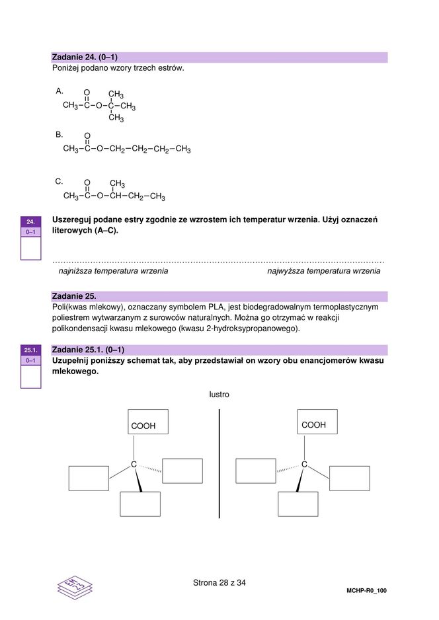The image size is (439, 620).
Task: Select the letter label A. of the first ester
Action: tap(60, 91)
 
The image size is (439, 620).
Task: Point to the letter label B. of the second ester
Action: tap(60, 134)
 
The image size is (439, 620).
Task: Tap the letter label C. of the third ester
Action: tap(60, 180)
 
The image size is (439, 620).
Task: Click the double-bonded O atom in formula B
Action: tap(87, 136)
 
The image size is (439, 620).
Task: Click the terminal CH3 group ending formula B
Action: tap(183, 149)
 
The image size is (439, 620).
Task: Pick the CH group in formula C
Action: tap(116, 196)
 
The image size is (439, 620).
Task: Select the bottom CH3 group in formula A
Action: tap(116, 118)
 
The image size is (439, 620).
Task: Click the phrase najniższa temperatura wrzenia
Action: tap(113, 271)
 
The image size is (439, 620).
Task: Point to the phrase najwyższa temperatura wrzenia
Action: tap(323, 271)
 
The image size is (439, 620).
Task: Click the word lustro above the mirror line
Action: tap(219, 395)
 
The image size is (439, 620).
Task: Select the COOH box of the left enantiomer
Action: tap(147, 422)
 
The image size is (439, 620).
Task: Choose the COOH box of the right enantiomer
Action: tap(317, 422)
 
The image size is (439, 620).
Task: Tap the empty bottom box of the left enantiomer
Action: tap(140, 504)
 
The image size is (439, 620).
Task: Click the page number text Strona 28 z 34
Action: tap(219, 583)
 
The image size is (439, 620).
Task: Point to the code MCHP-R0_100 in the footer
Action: tap(366, 590)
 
